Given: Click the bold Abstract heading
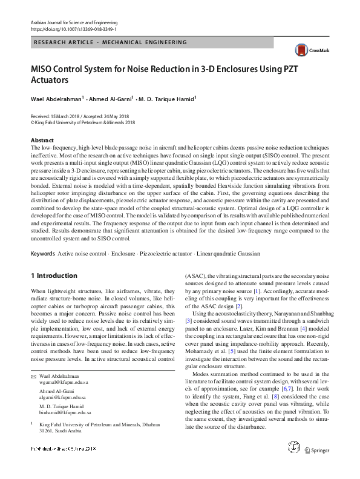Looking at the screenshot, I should (x=42, y=140).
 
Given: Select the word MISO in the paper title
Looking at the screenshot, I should (x=45, y=68).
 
